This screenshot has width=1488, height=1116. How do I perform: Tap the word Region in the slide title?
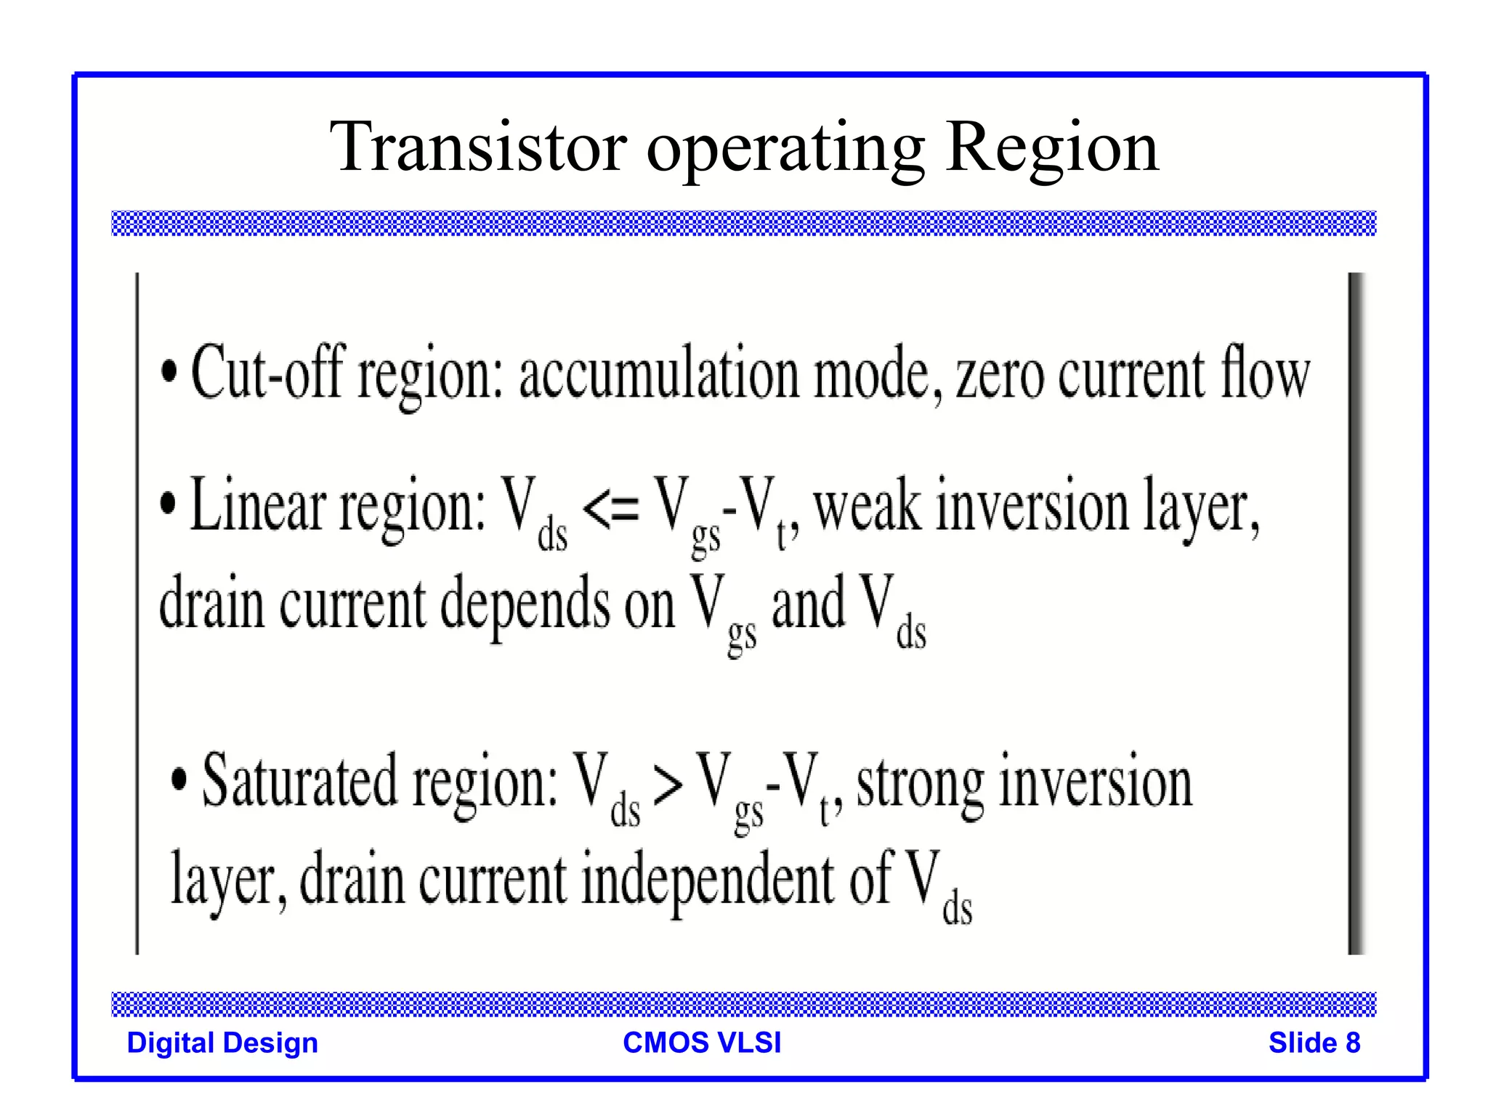[1051, 147]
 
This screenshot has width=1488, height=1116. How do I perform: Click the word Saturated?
[300, 783]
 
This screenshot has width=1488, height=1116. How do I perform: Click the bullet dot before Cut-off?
[169, 372]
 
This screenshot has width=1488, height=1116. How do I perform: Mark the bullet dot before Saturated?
[179, 780]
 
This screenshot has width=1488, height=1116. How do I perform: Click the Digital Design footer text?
[222, 1043]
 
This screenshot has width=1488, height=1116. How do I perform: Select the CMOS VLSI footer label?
[702, 1043]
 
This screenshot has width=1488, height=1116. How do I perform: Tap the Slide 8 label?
[1314, 1043]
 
